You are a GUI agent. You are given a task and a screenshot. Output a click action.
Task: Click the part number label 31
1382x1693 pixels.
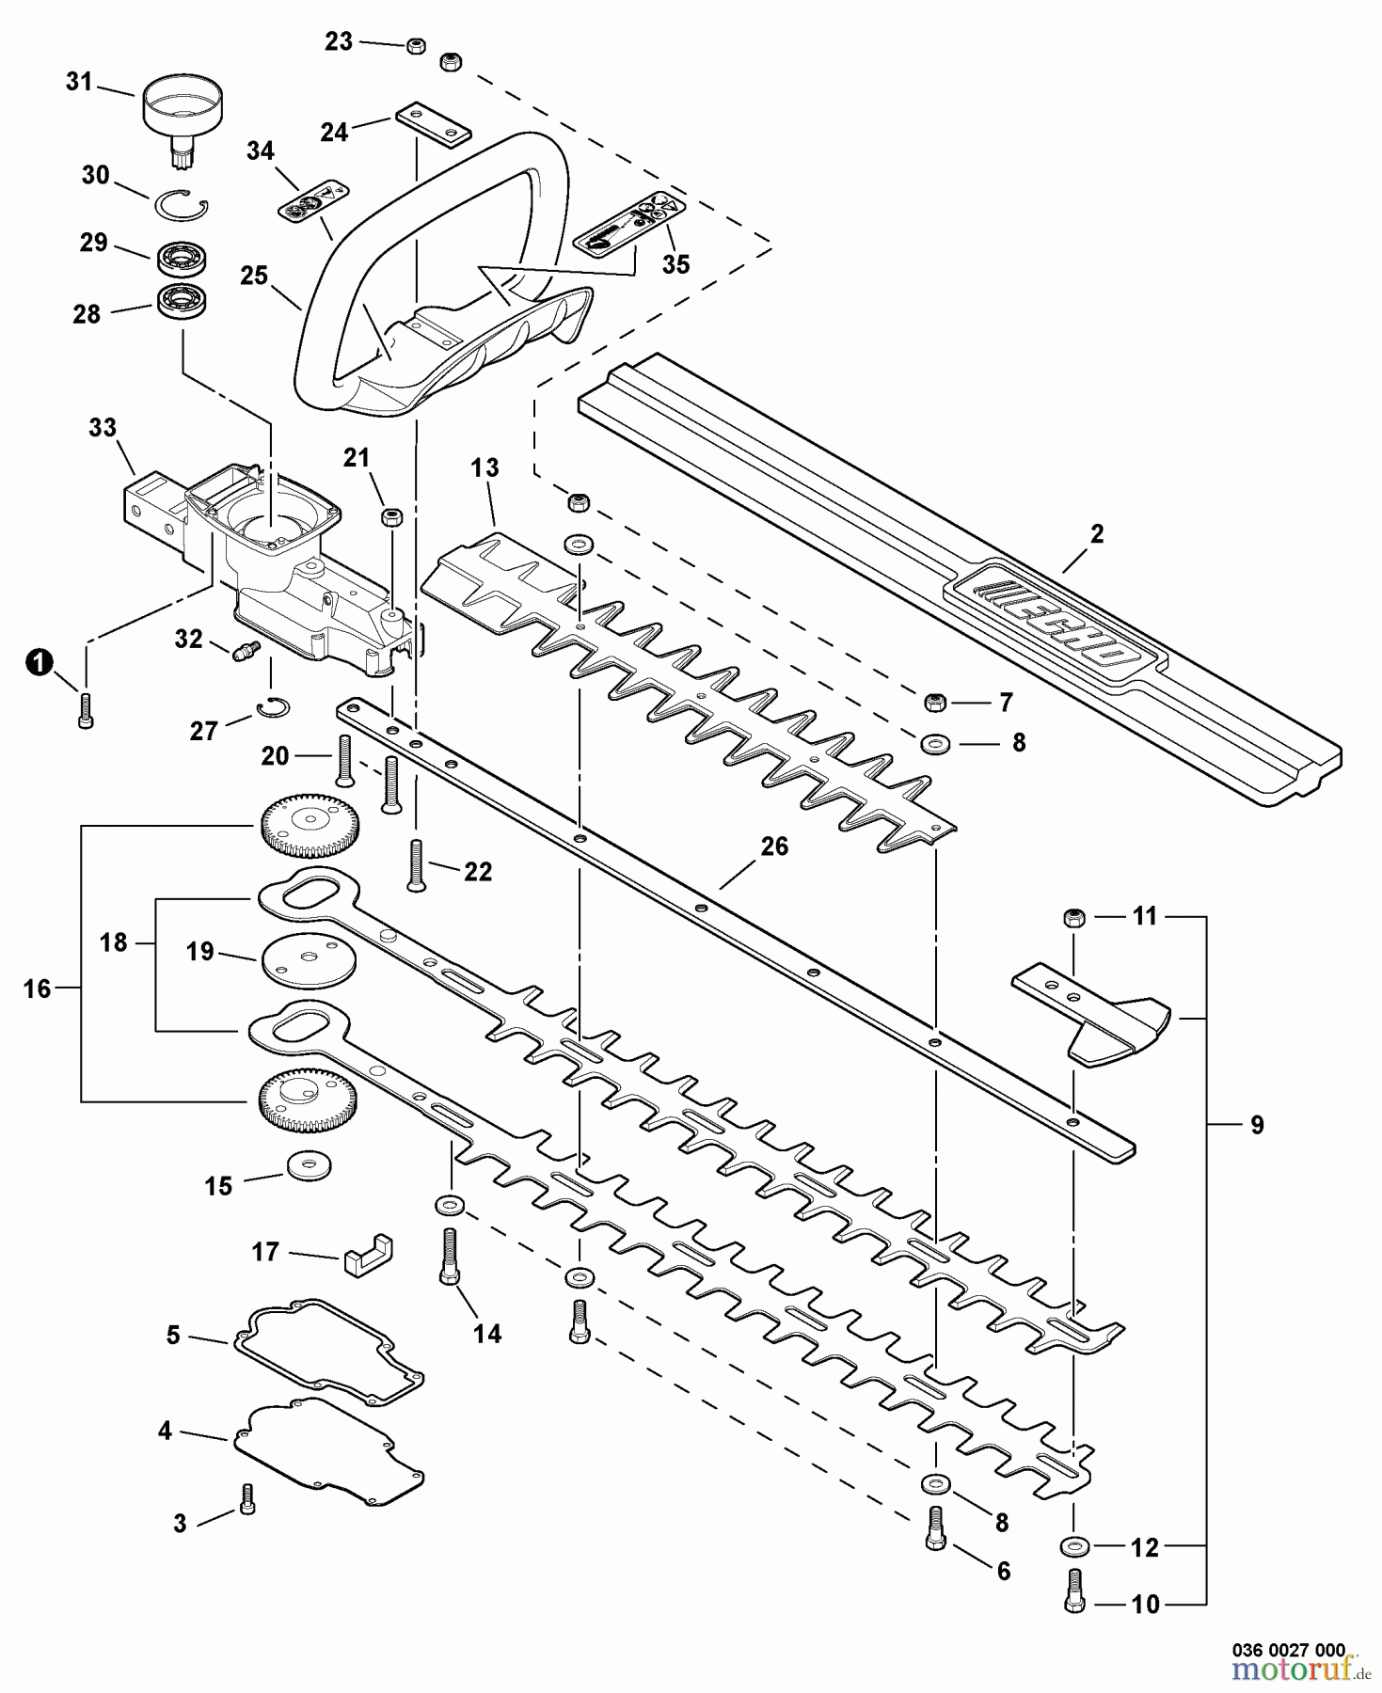point(79,83)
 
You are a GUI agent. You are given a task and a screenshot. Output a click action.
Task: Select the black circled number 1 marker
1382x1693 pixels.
point(38,663)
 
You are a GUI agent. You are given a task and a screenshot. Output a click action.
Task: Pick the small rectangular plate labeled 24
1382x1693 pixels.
point(433,125)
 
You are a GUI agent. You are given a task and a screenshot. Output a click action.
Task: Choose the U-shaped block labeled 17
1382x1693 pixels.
point(367,1253)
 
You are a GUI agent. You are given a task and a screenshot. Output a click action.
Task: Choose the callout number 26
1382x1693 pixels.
point(773,846)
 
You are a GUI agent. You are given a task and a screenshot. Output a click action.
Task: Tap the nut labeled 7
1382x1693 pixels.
point(936,702)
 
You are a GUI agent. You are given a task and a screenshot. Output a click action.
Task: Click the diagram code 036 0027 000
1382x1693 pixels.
point(1289,1649)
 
